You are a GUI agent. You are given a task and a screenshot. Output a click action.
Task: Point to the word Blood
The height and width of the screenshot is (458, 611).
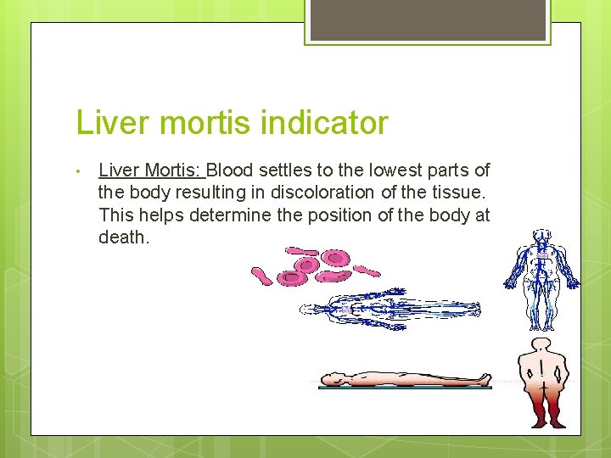[x=242, y=170]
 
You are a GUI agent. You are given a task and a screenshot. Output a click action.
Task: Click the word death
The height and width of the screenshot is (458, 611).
[x=123, y=237]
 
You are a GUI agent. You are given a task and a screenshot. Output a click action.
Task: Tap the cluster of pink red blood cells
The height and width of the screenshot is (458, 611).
[x=314, y=265]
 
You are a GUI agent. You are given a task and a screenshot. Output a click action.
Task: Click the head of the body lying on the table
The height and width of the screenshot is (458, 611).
[x=332, y=378]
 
